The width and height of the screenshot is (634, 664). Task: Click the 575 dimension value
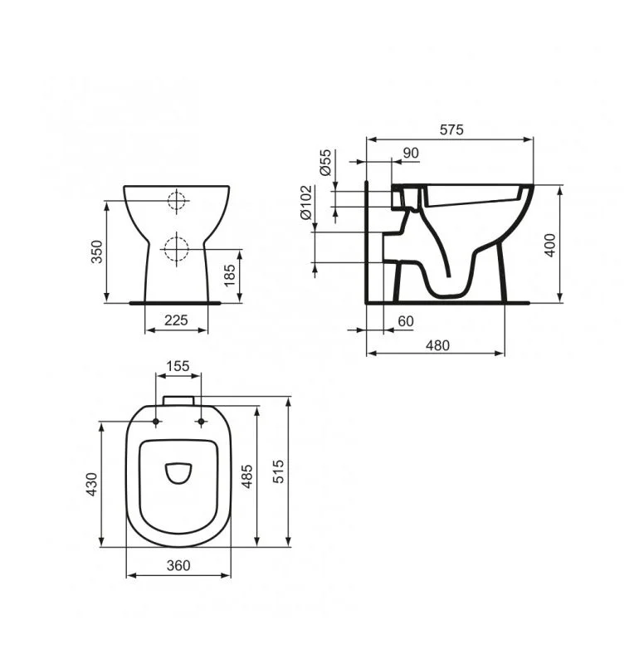[x=451, y=129]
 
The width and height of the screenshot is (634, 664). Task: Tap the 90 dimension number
[x=411, y=153]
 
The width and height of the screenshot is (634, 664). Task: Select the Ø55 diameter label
[x=325, y=162]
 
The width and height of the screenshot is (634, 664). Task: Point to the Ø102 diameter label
[x=305, y=203]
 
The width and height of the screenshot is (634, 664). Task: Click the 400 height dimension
[x=550, y=245]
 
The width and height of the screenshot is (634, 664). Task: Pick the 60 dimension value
[x=406, y=321]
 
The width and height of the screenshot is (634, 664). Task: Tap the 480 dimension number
[x=437, y=345]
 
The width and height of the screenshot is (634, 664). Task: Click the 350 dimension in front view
[x=97, y=251]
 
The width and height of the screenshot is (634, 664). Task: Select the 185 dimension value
[x=229, y=276]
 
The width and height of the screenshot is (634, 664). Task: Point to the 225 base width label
[x=176, y=320]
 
